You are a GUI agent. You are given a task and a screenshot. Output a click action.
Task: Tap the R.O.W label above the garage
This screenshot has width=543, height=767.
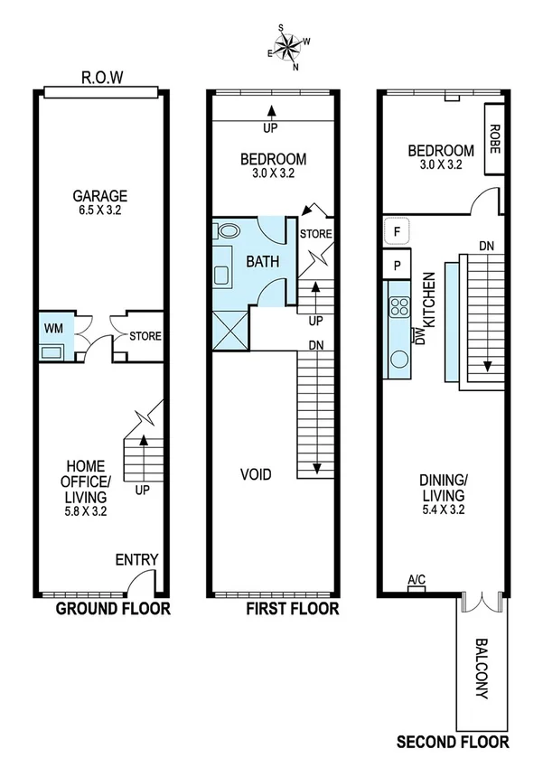102,80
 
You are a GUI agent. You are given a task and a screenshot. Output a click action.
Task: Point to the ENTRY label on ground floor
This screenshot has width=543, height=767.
137,559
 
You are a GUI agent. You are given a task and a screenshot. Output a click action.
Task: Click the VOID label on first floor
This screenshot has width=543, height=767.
256,474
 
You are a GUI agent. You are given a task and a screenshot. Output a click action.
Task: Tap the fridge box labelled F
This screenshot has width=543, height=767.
397,231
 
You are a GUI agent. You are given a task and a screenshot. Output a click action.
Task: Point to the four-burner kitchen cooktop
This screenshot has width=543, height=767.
398,306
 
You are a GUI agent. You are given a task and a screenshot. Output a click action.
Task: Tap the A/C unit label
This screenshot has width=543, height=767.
417,580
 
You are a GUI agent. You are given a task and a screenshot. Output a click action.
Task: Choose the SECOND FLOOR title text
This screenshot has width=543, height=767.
454,743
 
